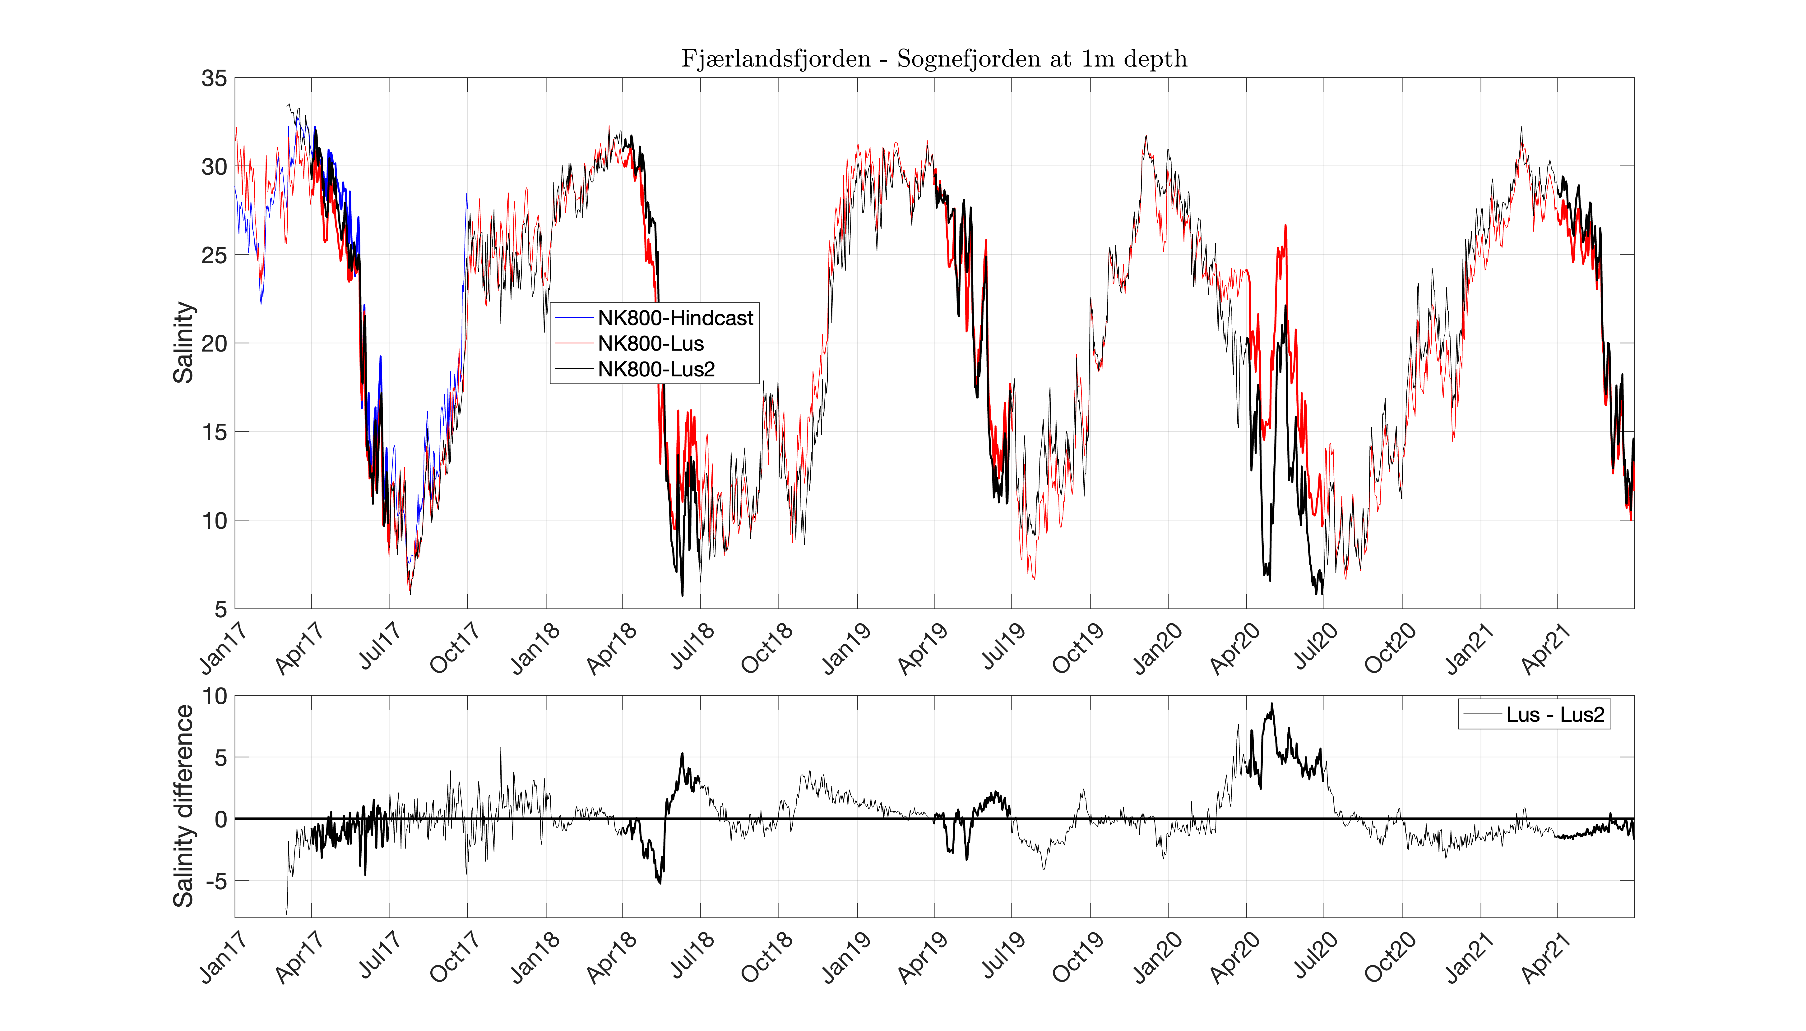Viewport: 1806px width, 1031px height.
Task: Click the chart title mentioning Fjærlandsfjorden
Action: [933, 59]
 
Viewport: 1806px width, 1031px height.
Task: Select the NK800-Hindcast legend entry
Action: [675, 318]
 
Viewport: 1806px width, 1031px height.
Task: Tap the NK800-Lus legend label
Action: [650, 343]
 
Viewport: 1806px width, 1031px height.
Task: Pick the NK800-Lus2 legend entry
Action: [656, 369]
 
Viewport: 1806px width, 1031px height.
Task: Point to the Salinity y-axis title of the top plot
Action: [183, 343]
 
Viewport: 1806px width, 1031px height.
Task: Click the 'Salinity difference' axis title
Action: [183, 806]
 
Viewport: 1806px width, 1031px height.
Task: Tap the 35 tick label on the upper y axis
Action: [214, 79]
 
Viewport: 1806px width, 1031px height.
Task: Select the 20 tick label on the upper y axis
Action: [214, 343]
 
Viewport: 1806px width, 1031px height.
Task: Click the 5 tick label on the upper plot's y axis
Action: [220, 609]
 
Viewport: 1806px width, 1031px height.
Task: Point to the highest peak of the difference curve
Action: [1271, 705]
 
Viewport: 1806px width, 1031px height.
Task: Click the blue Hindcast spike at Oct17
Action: [466, 195]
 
